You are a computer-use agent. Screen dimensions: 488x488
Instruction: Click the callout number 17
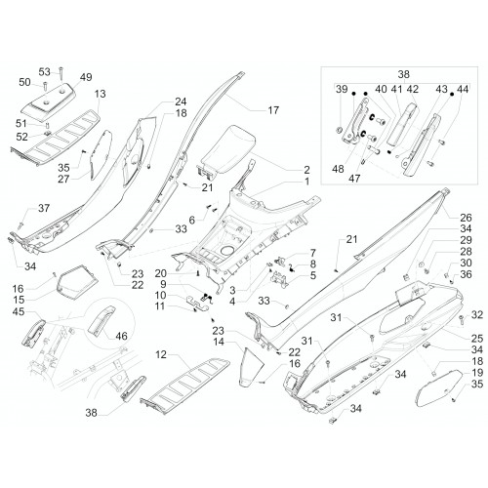(273, 110)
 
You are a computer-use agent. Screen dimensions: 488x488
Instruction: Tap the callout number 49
(86, 77)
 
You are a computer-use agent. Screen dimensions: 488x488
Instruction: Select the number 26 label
(466, 218)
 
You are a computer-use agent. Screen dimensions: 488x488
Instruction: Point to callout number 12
(161, 354)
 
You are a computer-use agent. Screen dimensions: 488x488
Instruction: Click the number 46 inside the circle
(121, 336)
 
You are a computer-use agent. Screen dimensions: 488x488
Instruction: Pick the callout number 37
(44, 208)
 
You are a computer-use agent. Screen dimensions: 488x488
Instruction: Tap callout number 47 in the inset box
(354, 179)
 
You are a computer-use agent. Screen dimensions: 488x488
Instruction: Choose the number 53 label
(45, 71)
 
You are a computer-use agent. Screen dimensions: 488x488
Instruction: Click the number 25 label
(477, 338)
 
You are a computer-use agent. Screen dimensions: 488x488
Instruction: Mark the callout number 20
(160, 273)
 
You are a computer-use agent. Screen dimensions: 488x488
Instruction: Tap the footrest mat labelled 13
(56, 138)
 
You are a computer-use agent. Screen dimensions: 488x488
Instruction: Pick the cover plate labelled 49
(51, 99)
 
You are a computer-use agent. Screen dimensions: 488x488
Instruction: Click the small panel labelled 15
(77, 282)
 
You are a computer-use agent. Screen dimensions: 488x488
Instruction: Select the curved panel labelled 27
(101, 154)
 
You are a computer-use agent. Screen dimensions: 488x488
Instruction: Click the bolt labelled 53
(61, 74)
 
